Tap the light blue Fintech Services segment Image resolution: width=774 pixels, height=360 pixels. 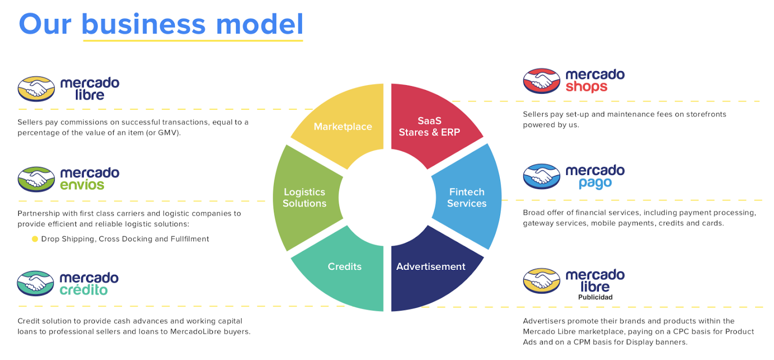tap(467, 197)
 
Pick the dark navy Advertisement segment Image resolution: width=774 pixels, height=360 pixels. tap(431, 271)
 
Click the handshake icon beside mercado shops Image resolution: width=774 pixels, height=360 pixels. tap(541, 81)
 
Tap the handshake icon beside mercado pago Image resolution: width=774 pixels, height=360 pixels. tap(541, 176)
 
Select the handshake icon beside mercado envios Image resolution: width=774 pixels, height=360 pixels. tap(36, 179)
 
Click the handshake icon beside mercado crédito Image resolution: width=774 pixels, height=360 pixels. tap(35, 283)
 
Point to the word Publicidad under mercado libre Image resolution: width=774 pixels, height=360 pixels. tap(595, 297)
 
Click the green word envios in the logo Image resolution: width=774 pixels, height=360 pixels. tap(82, 185)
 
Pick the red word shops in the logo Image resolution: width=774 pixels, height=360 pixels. tap(586, 87)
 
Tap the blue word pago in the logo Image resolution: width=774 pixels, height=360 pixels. tap(595, 183)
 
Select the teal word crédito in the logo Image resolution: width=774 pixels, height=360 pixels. tap(83, 290)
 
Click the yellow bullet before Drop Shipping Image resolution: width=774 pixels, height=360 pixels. tap(35, 239)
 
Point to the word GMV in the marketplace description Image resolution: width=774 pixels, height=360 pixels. tap(167, 133)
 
